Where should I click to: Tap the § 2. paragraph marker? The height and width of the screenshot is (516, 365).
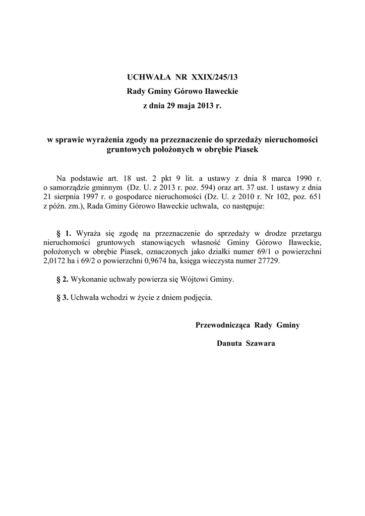click(63, 279)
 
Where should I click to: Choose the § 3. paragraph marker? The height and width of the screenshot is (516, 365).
click(63, 297)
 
